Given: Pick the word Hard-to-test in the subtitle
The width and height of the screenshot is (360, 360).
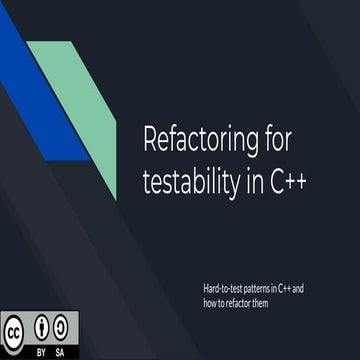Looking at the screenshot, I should tap(221, 288).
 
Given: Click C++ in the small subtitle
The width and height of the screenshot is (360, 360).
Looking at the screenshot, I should tap(286, 288).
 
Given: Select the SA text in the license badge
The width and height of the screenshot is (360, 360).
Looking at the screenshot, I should tap(62, 351).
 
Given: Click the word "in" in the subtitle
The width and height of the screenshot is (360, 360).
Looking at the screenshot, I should tap(273, 288).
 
